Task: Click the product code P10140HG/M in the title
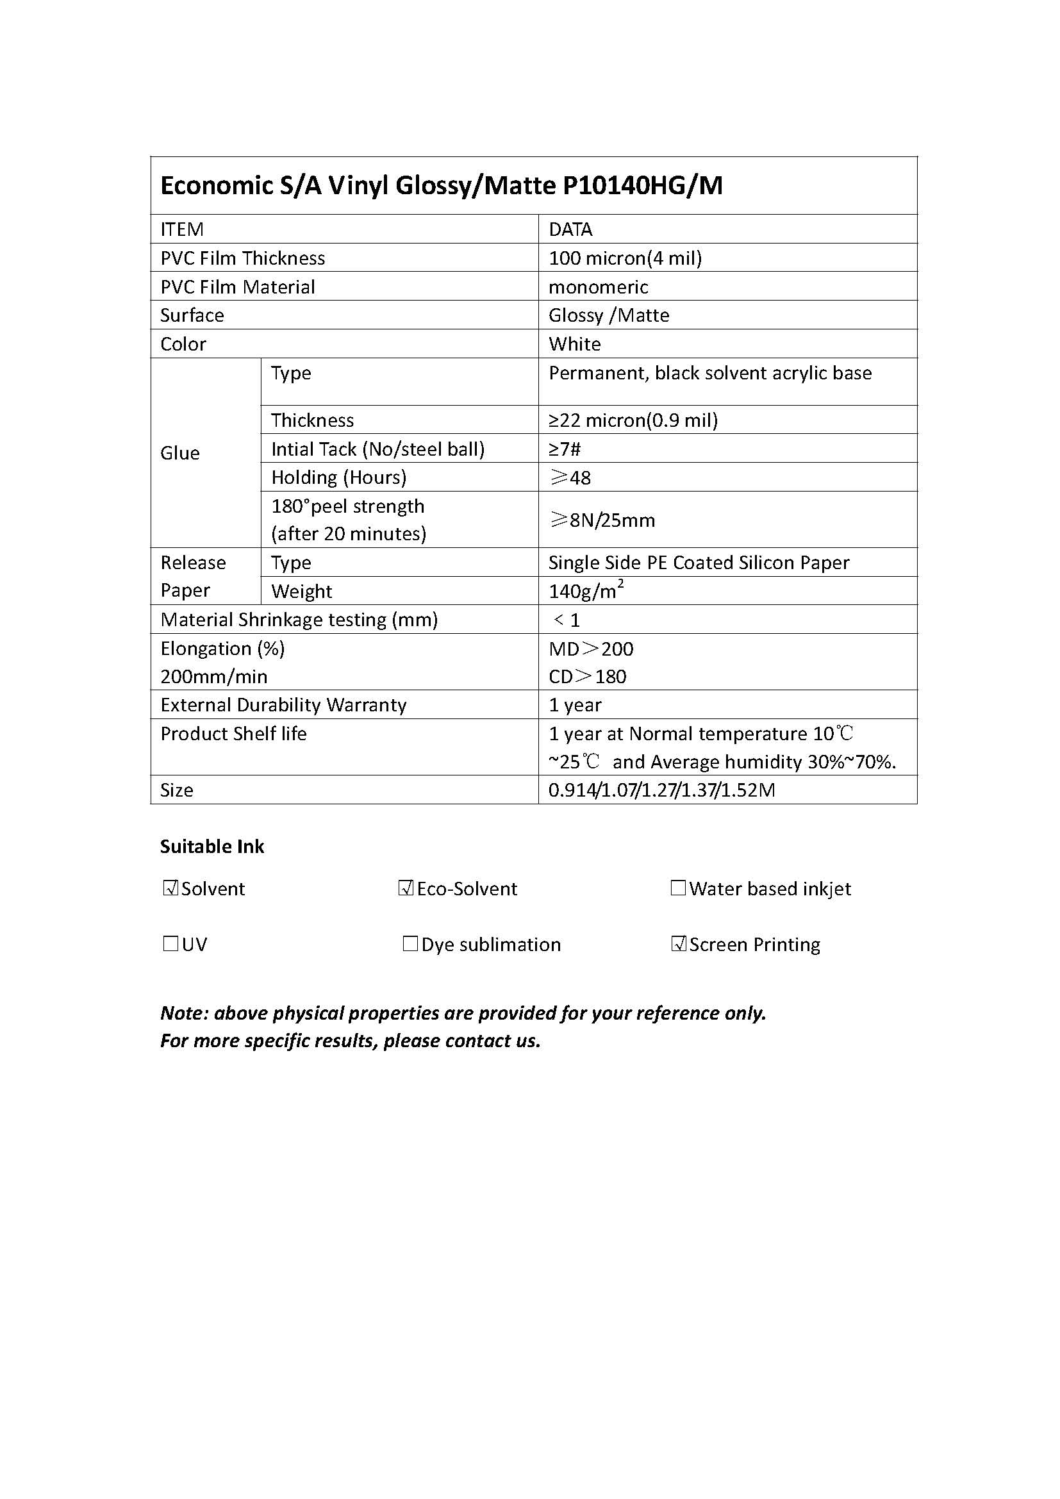(642, 186)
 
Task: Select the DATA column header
(570, 229)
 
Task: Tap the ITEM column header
(182, 229)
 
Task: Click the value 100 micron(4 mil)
(625, 258)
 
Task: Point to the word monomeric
(598, 286)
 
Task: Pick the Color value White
(574, 344)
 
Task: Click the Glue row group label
(180, 453)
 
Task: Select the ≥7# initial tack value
(565, 449)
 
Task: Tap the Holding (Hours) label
(339, 477)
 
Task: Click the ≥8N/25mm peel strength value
(602, 520)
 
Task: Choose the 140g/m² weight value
(586, 590)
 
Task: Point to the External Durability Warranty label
(283, 705)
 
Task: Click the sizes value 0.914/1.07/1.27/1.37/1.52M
(661, 790)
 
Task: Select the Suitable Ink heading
(212, 847)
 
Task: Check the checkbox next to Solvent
(170, 888)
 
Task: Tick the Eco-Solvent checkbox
(406, 888)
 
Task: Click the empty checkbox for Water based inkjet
(678, 888)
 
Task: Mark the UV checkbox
(170, 944)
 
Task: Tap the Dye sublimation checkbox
(410, 944)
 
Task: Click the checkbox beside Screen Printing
(679, 944)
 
